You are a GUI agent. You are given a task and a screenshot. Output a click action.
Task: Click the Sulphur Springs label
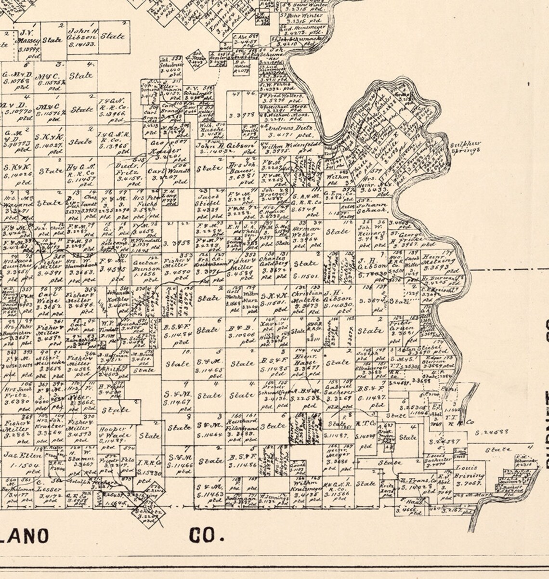465,146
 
